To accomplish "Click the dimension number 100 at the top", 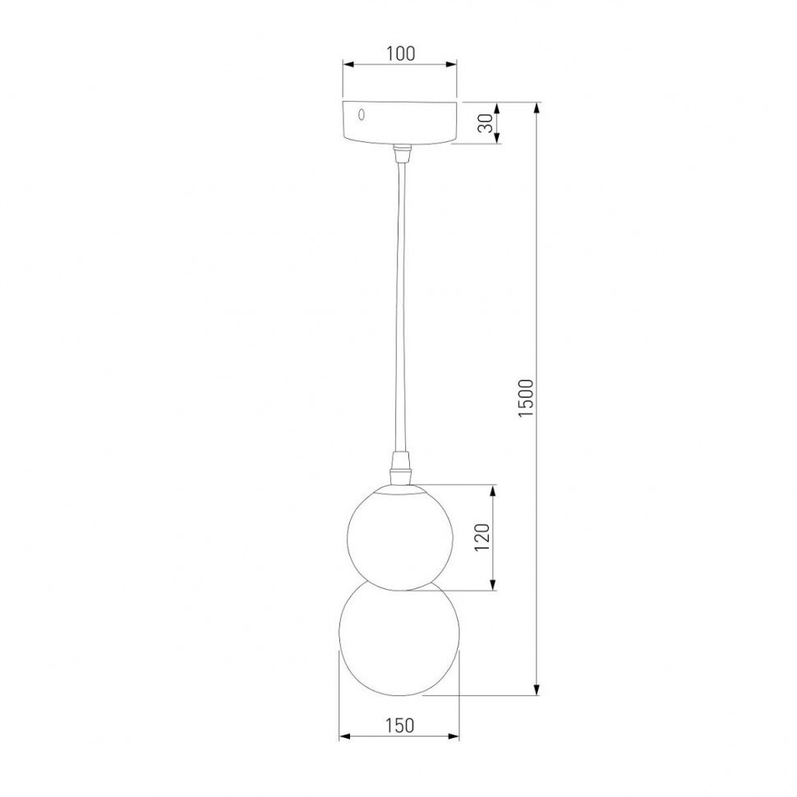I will click(x=399, y=54).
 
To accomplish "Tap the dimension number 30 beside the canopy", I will click(x=486, y=123).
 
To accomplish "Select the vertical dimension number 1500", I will click(x=527, y=398).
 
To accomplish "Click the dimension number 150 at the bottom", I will click(x=398, y=725).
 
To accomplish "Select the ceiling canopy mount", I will click(x=399, y=122).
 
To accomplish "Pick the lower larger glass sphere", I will click(x=399, y=641).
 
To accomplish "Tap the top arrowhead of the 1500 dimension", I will click(x=538, y=108).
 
